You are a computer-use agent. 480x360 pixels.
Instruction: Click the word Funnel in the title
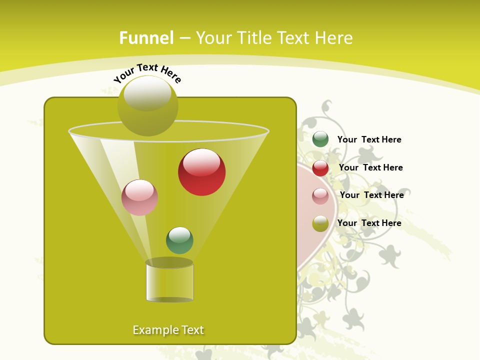[x=146, y=38]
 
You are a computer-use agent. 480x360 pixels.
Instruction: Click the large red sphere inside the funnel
[x=202, y=172]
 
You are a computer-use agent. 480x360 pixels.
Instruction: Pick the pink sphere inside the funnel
[x=140, y=197]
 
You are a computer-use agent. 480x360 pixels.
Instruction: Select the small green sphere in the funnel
[x=179, y=240]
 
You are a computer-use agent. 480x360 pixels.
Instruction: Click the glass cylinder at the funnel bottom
[x=169, y=282]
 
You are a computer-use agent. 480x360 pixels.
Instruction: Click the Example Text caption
[x=168, y=330]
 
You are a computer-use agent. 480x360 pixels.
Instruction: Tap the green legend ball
[x=320, y=139]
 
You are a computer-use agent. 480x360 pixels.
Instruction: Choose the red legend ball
[x=320, y=168]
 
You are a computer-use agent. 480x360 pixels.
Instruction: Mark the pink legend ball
[x=320, y=196]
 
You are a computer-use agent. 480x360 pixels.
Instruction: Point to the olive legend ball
[x=320, y=223]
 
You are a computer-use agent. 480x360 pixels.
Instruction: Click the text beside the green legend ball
[x=369, y=139]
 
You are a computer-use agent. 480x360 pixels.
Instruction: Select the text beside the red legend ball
[x=370, y=167]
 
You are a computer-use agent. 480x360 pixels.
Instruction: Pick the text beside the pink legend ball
[x=371, y=195]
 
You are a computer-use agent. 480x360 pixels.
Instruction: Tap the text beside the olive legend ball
[x=369, y=223]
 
